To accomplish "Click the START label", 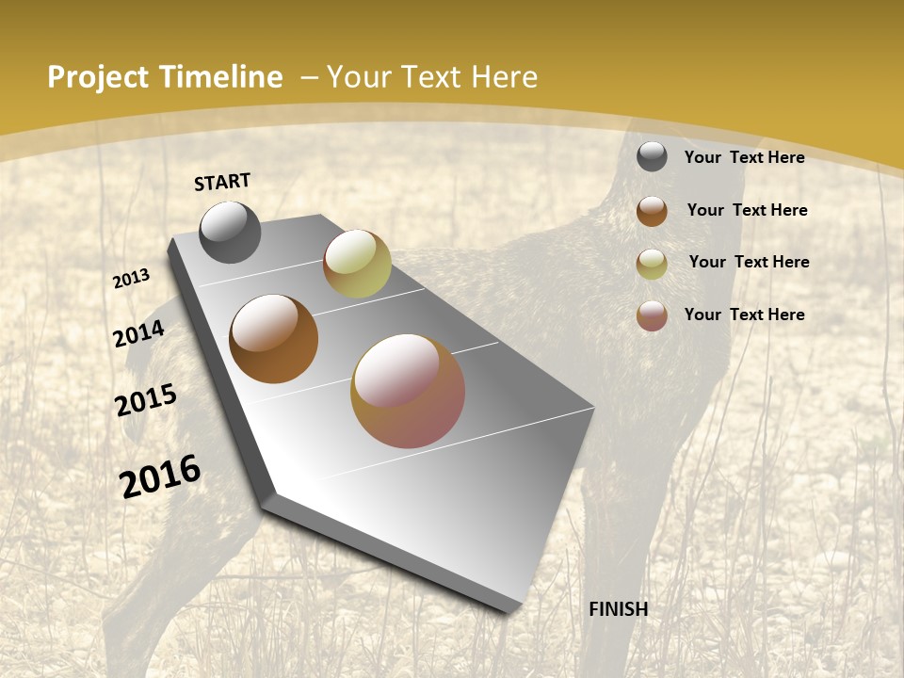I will tap(222, 182).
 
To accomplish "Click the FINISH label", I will tap(619, 609).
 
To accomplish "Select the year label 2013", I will tap(132, 279).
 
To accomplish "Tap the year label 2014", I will tap(139, 334).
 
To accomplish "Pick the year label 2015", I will tap(146, 400).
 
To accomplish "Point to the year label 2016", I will tap(160, 476).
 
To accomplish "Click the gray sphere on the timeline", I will tap(230, 232).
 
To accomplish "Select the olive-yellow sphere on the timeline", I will tap(357, 264).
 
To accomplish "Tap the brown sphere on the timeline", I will tap(273, 339).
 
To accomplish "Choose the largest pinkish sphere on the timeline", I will tap(408, 391).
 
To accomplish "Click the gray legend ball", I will tap(652, 156).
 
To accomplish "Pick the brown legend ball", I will tap(652, 211).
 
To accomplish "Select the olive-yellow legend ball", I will tap(652, 264).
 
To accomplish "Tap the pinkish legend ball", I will tap(652, 315).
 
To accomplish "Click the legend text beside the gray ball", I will tap(744, 157).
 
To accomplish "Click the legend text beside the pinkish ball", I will tap(744, 315).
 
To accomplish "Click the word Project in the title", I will tap(98, 77).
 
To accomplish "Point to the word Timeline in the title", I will tap(221, 77).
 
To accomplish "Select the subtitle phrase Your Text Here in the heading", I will tap(432, 77).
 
